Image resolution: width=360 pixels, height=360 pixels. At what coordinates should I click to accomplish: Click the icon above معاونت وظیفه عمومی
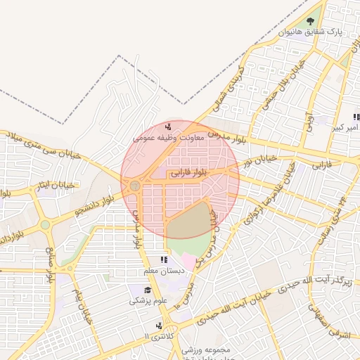click(168, 127)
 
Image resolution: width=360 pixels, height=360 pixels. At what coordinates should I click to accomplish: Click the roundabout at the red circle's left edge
click(134, 186)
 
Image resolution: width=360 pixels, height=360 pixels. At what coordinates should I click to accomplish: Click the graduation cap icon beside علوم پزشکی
click(148, 290)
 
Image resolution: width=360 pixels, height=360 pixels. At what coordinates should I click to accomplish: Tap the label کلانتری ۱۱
click(155, 337)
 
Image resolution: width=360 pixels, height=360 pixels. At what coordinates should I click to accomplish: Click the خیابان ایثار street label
click(54, 186)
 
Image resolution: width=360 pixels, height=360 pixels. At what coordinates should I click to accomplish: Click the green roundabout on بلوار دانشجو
click(46, 225)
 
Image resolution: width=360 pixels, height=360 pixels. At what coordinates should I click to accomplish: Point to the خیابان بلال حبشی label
click(275, 89)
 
